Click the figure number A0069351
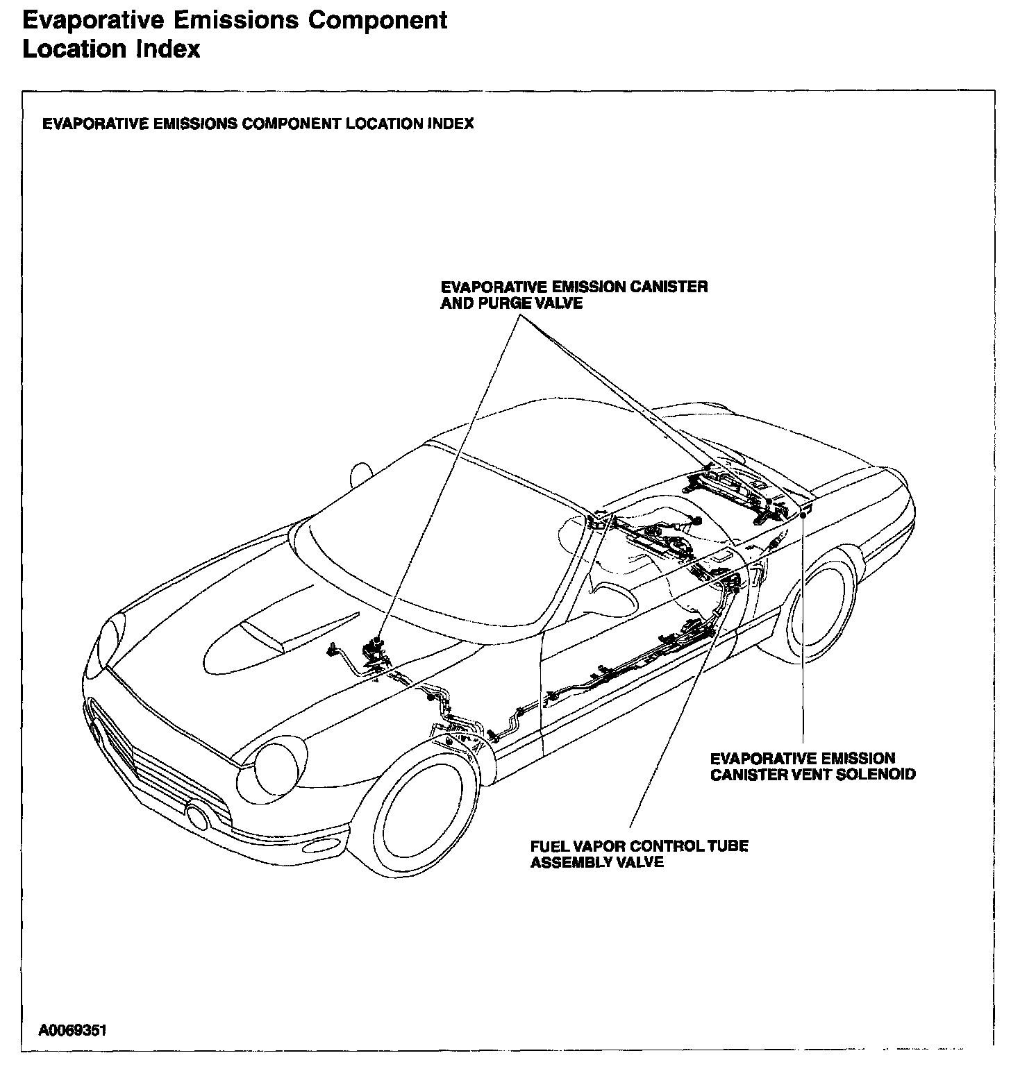[x=73, y=1031]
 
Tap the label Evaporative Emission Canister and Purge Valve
[x=574, y=295]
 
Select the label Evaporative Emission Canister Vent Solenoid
[x=812, y=766]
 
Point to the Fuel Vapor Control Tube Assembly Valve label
[x=639, y=855]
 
